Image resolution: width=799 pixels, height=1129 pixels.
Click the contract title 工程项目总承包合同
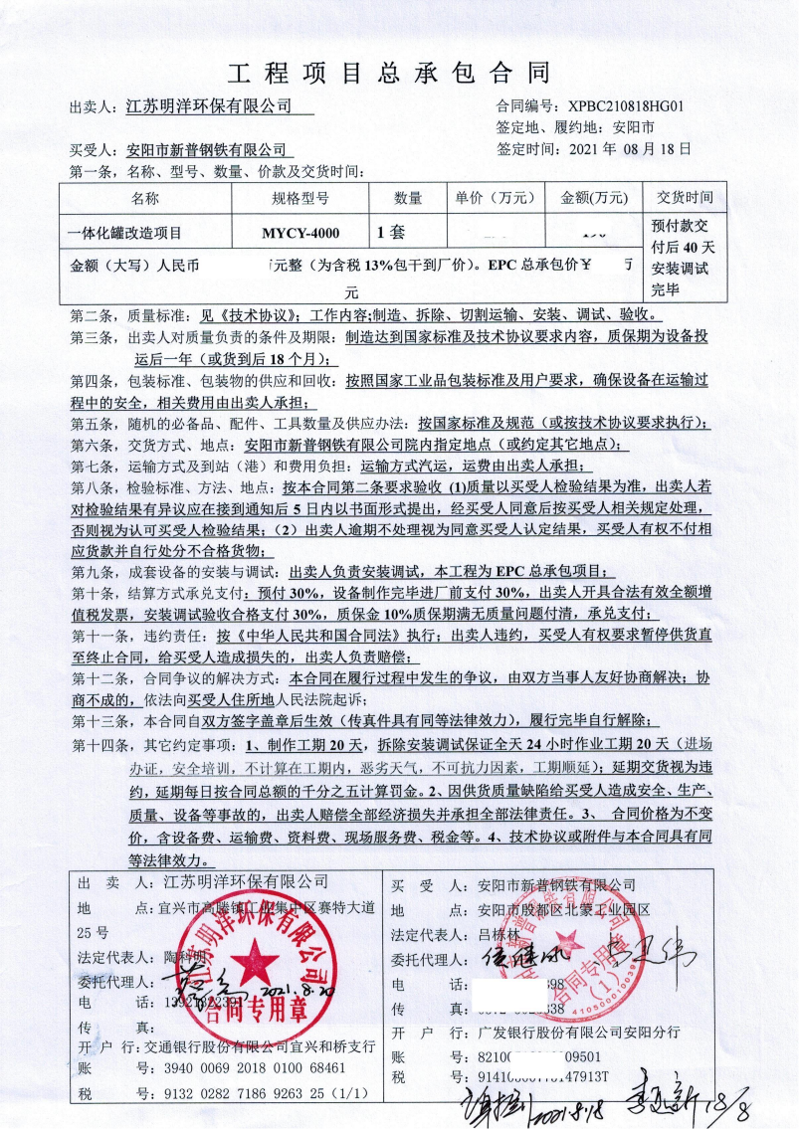[x=389, y=73]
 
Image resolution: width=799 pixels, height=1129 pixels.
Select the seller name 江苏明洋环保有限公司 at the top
[x=210, y=105]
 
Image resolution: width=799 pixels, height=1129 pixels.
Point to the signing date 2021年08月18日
[x=629, y=149]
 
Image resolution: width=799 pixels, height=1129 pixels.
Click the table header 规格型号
[x=300, y=198]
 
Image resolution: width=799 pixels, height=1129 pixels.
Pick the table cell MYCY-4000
[x=300, y=234]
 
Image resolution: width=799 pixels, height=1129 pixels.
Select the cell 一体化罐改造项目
[x=125, y=234]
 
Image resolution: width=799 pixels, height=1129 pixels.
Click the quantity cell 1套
[x=391, y=234]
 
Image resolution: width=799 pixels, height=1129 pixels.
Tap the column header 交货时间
[x=685, y=198]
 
